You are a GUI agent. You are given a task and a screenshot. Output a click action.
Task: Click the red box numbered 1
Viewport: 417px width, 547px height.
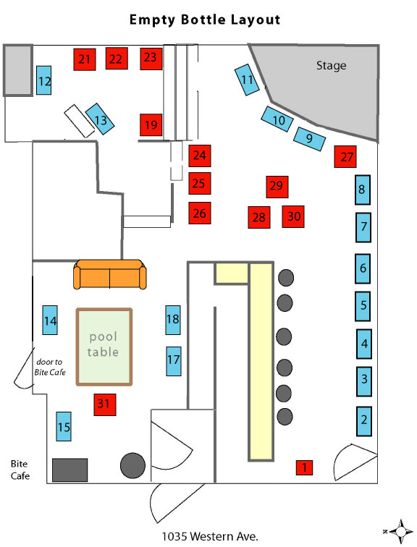click(304, 467)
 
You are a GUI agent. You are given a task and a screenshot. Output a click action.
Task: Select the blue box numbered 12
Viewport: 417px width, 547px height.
click(44, 80)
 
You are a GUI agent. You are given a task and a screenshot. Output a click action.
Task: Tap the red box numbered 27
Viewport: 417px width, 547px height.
click(345, 156)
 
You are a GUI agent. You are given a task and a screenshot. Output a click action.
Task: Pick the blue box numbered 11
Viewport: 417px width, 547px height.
click(247, 80)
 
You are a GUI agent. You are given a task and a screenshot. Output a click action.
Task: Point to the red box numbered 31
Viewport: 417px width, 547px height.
click(105, 404)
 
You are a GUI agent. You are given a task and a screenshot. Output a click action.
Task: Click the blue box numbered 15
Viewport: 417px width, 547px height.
click(64, 426)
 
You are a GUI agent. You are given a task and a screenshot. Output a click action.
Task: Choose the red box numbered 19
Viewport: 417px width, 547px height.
click(151, 124)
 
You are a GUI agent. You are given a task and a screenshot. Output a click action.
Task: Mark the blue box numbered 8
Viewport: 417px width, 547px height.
click(363, 190)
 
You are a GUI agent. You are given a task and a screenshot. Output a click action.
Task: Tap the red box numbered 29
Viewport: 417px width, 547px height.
click(277, 187)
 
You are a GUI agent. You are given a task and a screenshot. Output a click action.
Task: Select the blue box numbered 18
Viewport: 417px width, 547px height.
click(173, 320)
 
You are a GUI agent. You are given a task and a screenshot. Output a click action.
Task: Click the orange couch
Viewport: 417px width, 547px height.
click(110, 274)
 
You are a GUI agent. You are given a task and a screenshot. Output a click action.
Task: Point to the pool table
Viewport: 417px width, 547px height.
click(104, 347)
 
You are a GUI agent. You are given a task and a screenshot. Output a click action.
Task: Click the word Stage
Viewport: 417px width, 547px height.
click(331, 66)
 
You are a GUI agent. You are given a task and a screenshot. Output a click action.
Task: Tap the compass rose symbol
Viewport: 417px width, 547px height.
click(400, 531)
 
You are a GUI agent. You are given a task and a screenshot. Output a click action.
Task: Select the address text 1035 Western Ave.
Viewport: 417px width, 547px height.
click(210, 536)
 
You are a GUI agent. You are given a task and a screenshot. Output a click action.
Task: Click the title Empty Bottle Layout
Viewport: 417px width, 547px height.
click(205, 20)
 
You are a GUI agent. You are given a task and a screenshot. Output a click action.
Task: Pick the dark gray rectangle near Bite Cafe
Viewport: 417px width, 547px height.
click(69, 470)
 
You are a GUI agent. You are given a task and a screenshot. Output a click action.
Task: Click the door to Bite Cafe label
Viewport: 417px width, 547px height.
click(50, 367)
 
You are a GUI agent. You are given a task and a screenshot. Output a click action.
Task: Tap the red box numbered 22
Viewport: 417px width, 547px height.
click(117, 59)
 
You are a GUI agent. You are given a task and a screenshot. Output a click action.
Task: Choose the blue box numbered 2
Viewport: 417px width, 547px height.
click(364, 421)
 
